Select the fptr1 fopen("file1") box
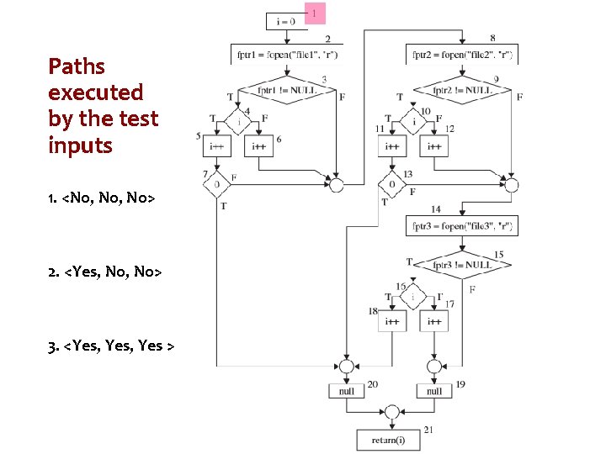click(x=287, y=55)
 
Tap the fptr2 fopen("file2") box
click(x=462, y=55)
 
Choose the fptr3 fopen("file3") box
click(x=462, y=225)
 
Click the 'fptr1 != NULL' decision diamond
click(x=287, y=90)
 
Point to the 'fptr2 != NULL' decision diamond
click(x=462, y=90)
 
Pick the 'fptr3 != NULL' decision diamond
click(x=462, y=265)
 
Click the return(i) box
click(x=391, y=440)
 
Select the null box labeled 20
click(x=347, y=392)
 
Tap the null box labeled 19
click(x=434, y=392)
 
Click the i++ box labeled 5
click(x=217, y=145)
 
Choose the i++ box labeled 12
click(x=434, y=145)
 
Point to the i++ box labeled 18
click(x=391, y=321)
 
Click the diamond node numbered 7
click(x=217, y=184)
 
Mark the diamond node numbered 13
click(x=391, y=184)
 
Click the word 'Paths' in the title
click(x=77, y=66)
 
